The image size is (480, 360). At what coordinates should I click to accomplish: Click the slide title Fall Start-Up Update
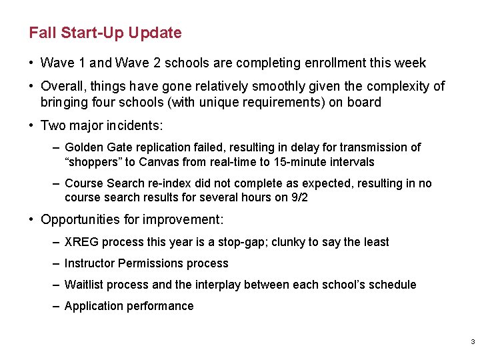[x=105, y=33]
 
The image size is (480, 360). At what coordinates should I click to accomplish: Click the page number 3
[x=472, y=342]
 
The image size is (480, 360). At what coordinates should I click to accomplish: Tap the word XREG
[x=81, y=242]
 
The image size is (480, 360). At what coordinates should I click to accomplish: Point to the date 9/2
[x=299, y=198]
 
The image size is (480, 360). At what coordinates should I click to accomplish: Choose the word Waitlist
[x=84, y=285]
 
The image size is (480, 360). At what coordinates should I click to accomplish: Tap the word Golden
[x=84, y=147]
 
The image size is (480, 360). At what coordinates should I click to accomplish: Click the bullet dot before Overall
[x=32, y=86]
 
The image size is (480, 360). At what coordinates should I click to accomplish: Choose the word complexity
[x=397, y=86]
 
